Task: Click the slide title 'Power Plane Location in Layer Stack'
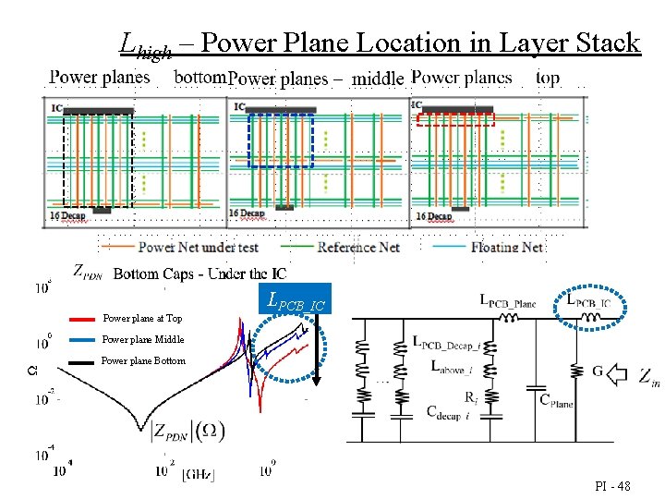[419, 43]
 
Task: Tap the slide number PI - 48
[612, 485]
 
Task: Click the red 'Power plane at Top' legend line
[82, 318]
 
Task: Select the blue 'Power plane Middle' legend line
[82, 339]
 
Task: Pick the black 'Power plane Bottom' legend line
[82, 361]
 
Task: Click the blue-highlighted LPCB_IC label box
[295, 298]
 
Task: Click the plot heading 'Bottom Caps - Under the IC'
[199, 274]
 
